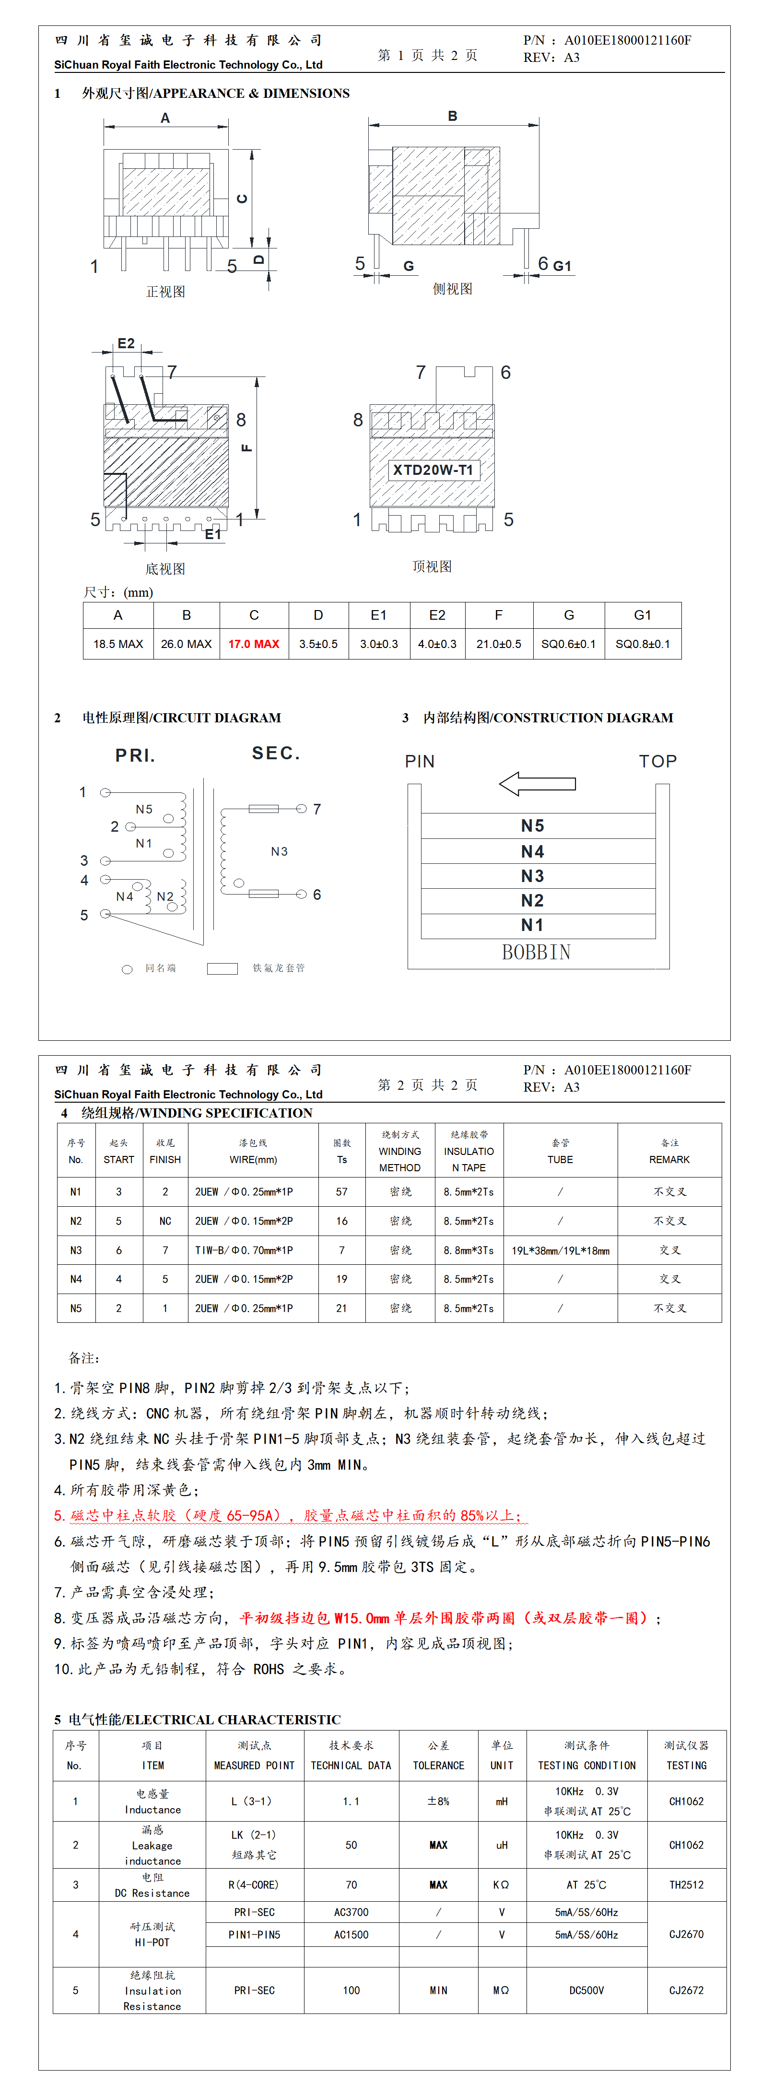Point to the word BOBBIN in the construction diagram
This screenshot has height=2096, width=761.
coord(537,952)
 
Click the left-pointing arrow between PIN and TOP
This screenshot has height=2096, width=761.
coord(537,784)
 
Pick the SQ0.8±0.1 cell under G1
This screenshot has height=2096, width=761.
coord(642,644)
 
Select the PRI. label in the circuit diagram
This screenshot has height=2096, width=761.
coord(135,755)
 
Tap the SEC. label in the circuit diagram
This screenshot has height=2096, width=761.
coord(276,753)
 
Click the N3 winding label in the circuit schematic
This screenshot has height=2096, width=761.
coord(279,851)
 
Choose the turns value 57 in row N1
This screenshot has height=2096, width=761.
coord(342,1192)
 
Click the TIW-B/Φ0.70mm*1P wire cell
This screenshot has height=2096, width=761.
coord(244,1250)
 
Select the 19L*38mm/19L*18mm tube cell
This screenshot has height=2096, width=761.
coord(560,1250)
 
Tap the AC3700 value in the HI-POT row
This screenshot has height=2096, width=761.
coord(351,1912)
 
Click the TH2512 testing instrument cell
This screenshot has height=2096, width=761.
coord(686,1884)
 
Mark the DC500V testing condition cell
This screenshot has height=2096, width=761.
coord(586,1990)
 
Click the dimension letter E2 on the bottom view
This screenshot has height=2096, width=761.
coord(126,343)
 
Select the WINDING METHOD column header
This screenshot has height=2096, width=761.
coord(399,1151)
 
